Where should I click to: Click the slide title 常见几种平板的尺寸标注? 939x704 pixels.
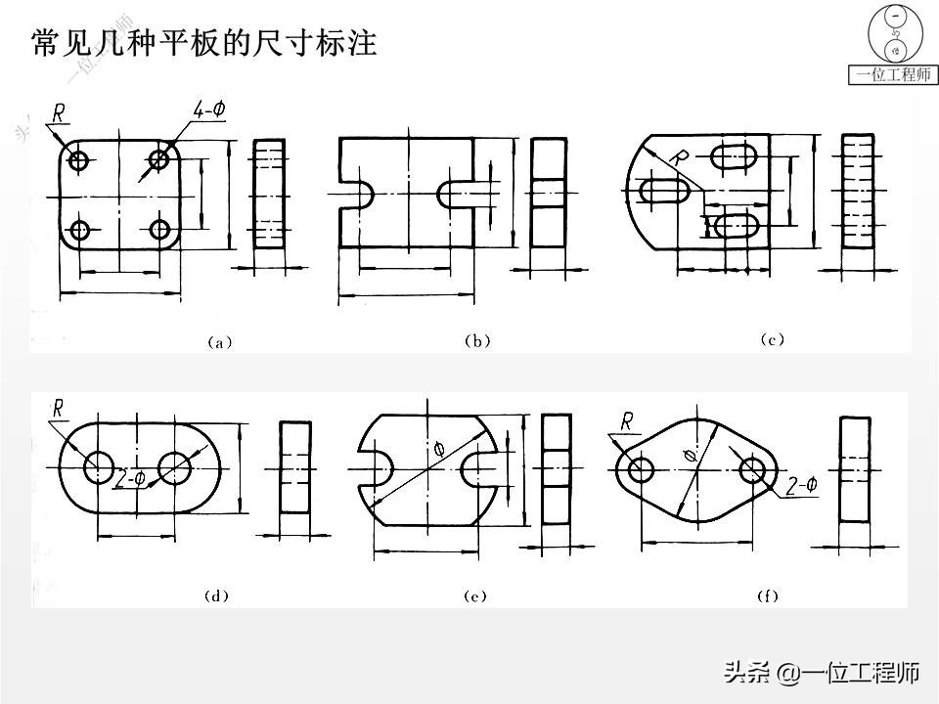[x=203, y=43]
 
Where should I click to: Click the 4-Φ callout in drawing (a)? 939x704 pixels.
[x=208, y=110]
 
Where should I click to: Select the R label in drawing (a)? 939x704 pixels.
[x=59, y=114]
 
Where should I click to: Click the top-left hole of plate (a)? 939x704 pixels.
[x=80, y=159]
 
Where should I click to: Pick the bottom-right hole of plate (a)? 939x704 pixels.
[x=160, y=230]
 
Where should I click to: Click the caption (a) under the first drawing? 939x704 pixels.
[x=218, y=342]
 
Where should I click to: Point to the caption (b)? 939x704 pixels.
[x=476, y=341]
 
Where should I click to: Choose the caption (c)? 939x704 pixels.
[x=773, y=340]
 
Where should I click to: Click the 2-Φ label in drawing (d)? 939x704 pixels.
[x=129, y=479]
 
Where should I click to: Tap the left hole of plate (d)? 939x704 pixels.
[x=99, y=468]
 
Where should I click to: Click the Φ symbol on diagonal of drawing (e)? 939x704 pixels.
[x=437, y=449]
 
